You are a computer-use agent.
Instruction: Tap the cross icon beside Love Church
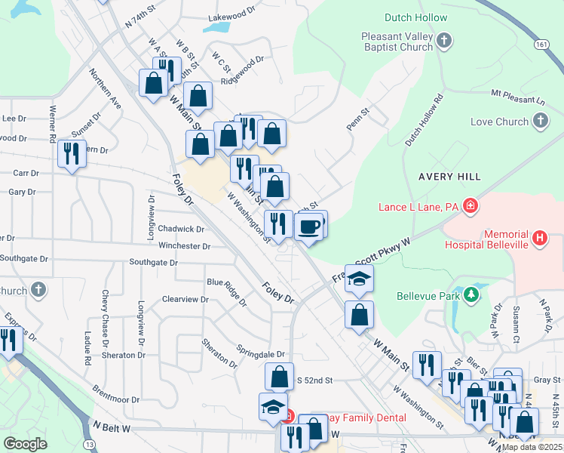pyautogui.click(x=541, y=121)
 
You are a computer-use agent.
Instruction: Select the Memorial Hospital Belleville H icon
pyautogui.click(x=540, y=239)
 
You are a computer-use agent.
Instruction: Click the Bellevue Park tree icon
pyautogui.click(x=472, y=294)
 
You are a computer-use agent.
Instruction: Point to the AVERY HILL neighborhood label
pyautogui.click(x=449, y=177)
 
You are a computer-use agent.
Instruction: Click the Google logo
pyautogui.click(x=25, y=444)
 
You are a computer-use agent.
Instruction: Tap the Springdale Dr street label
pyautogui.click(x=260, y=354)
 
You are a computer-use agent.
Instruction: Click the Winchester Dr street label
pyautogui.click(x=185, y=246)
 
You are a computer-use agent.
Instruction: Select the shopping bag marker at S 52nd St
pyautogui.click(x=279, y=376)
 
